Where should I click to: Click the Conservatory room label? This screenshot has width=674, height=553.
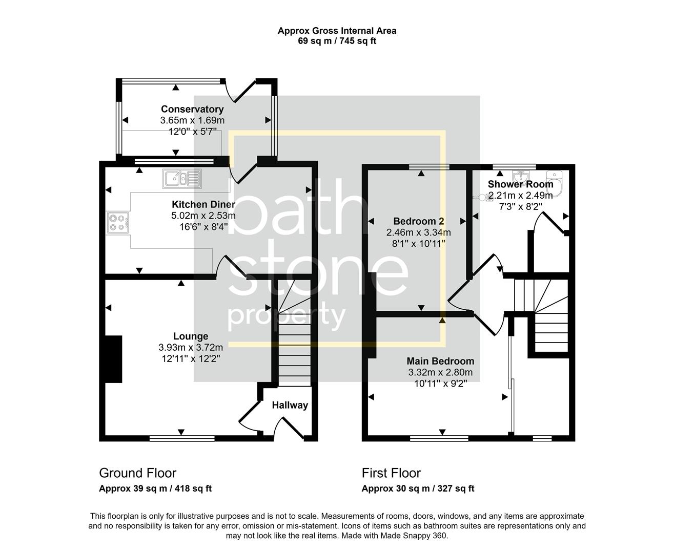coord(192,109)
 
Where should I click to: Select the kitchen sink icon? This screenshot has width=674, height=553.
coord(182,179)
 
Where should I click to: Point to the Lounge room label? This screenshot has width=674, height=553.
coord(191,336)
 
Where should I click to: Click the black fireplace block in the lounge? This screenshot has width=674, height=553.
coord(113,359)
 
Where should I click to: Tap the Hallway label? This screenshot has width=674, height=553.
coord(290,405)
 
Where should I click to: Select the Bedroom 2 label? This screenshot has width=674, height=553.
coord(418,221)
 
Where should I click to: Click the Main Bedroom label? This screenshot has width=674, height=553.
coord(440,361)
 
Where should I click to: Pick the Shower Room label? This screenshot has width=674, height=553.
coord(520,184)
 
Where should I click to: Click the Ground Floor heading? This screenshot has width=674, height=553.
coord(137,473)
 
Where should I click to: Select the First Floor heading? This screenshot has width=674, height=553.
coord(391,473)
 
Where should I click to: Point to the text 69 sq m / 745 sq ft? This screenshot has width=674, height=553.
coord(337,41)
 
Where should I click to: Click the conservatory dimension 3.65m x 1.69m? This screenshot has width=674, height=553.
coord(192,120)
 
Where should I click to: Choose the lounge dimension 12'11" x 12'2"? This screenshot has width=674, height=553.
coord(191,358)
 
